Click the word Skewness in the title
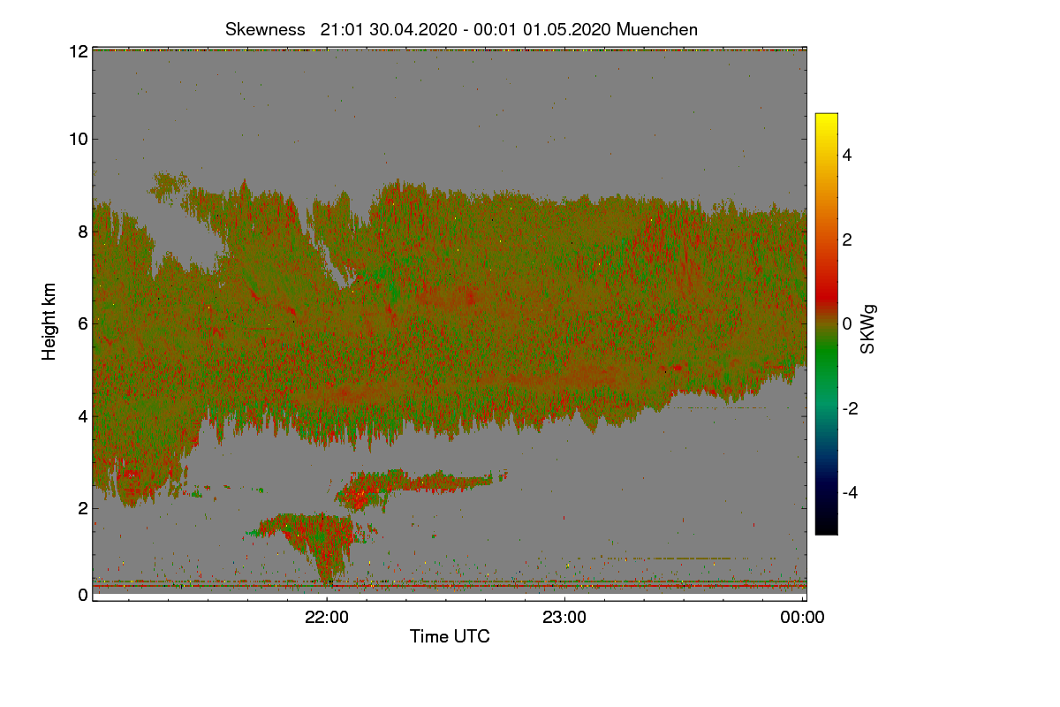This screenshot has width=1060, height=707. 265,30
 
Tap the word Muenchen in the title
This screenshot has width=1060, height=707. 657,30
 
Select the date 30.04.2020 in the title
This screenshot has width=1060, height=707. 413,30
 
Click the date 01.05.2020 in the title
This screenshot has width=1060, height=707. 566,30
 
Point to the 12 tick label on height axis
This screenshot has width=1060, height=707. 79,51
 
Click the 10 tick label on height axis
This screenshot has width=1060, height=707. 79,140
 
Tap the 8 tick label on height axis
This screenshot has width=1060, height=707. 83,232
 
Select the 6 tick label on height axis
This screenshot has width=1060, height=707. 83,324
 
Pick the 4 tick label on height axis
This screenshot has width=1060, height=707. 83,417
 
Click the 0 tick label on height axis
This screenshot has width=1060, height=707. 83,595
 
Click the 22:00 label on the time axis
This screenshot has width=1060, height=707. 327,618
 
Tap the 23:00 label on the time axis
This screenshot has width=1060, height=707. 564,618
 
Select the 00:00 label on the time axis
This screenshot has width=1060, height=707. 803,618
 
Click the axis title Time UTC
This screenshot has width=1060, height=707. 450,636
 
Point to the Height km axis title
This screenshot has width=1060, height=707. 49,322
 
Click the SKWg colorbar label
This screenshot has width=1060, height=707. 867,329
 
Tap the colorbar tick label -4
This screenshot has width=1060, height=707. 850,493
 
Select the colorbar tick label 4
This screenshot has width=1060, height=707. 847,156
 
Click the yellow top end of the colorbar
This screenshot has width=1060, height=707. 826,116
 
